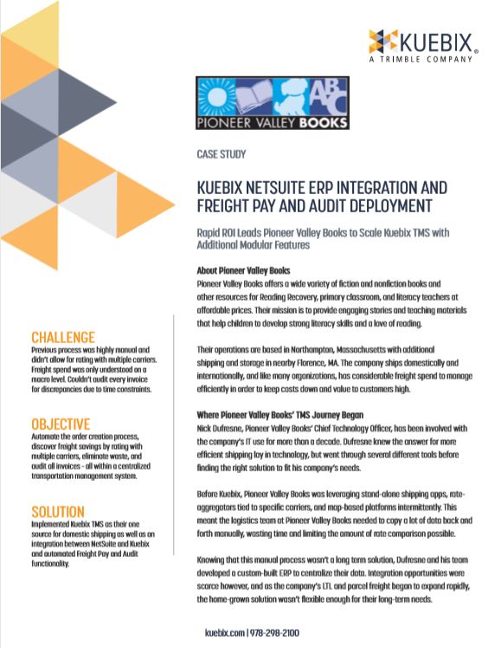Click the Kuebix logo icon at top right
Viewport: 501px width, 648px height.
382,40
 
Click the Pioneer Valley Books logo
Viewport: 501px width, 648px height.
273,105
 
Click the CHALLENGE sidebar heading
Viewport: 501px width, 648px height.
62,336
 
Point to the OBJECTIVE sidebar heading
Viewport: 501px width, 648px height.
61,424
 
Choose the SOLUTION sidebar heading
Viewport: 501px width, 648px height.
58,511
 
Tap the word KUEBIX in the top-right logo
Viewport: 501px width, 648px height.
434,39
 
